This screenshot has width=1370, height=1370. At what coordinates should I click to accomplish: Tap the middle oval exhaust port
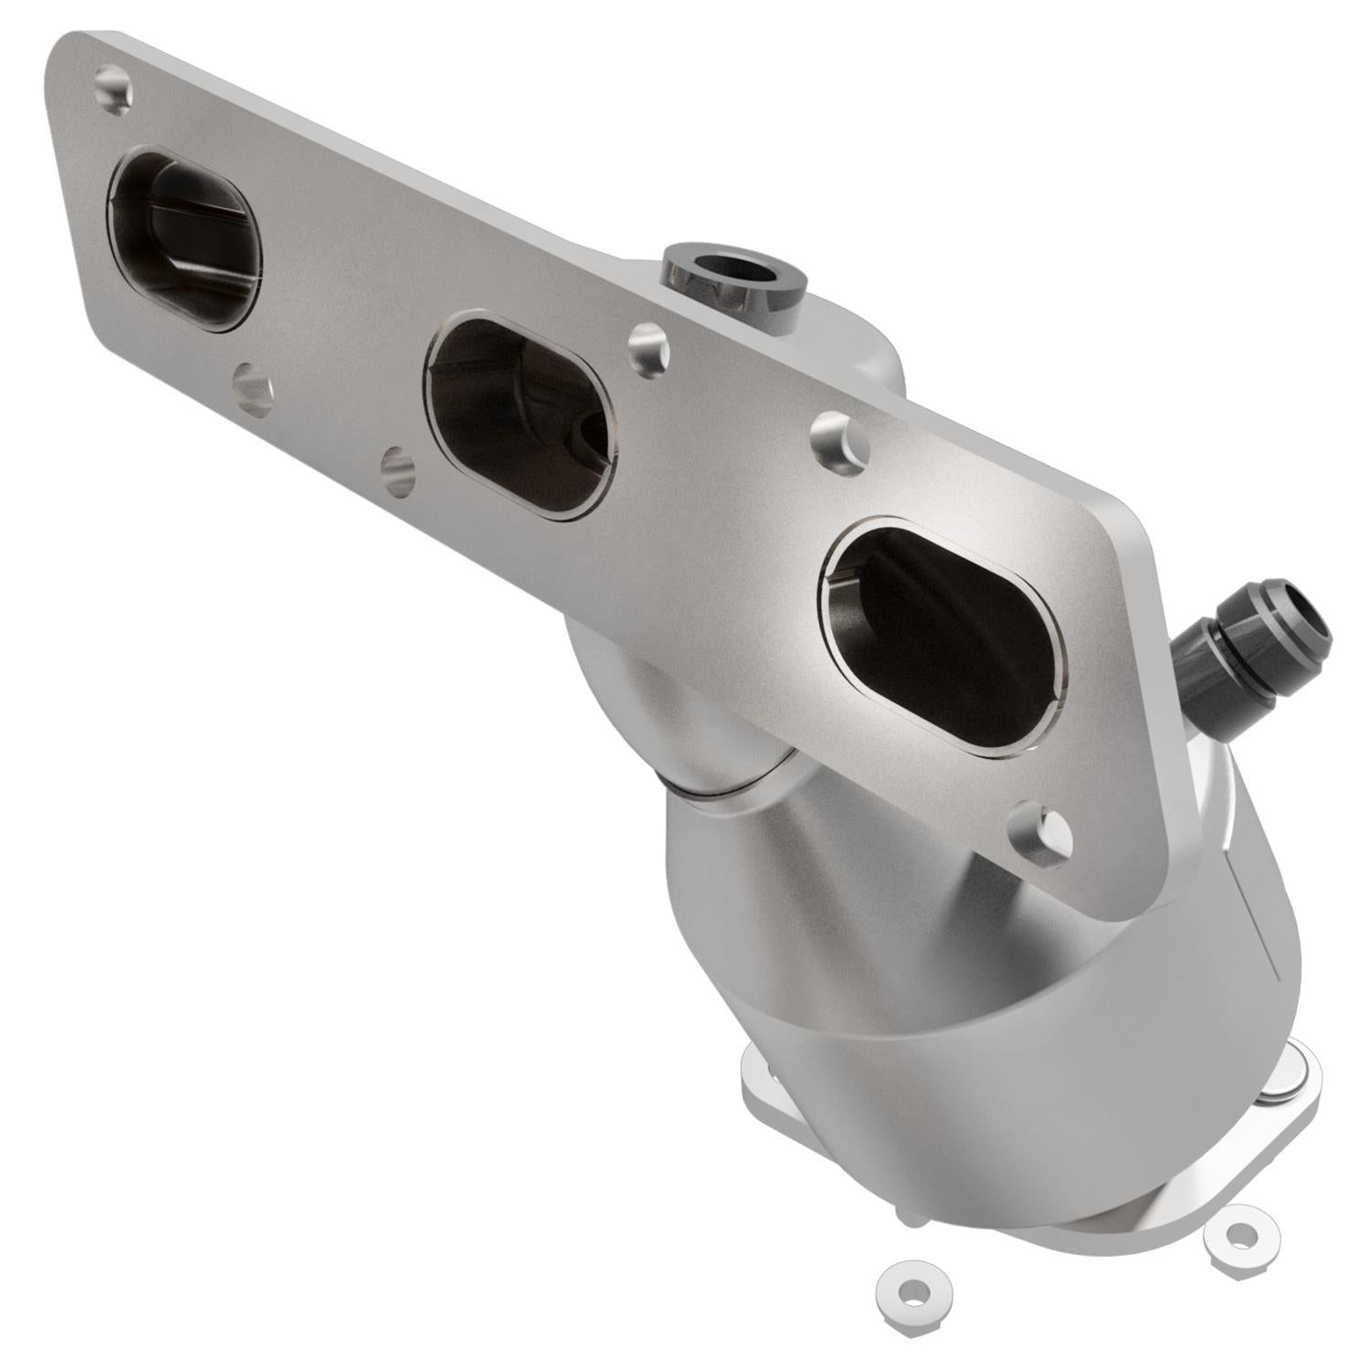[x=519, y=416]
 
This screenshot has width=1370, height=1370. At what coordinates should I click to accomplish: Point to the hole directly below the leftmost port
[x=252, y=390]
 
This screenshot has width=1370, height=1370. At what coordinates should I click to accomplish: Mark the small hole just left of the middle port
[x=397, y=469]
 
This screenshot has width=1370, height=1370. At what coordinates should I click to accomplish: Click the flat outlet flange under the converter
[x=776, y=1096]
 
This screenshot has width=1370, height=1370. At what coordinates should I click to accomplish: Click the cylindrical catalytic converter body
[x=959, y=986]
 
